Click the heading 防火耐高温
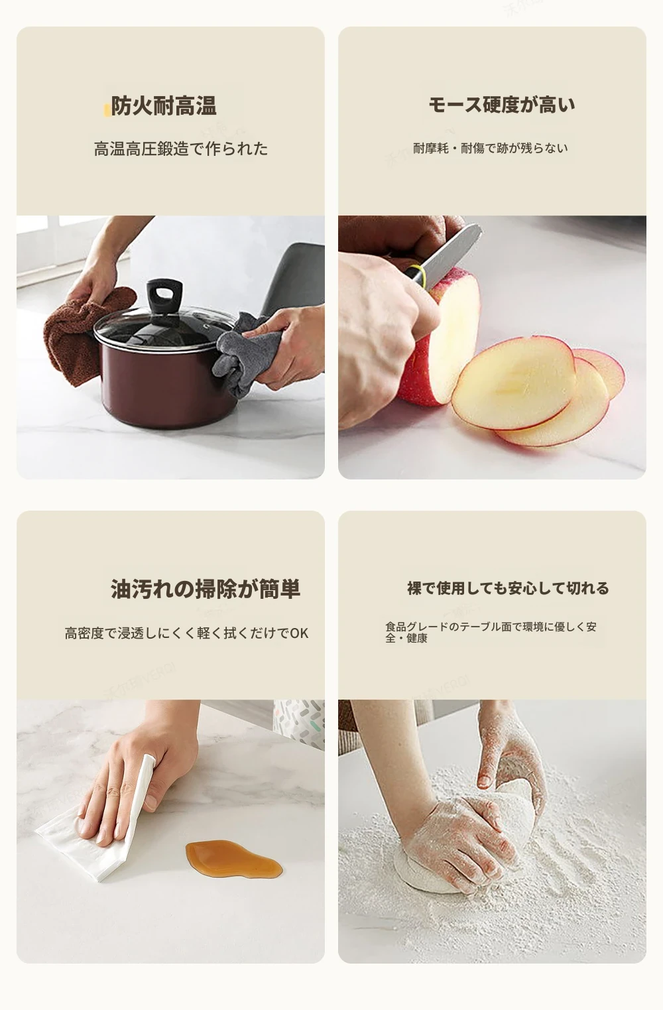click(164, 106)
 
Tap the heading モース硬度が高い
click(502, 105)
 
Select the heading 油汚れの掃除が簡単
click(206, 589)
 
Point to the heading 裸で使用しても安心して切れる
click(508, 588)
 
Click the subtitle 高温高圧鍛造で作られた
click(181, 149)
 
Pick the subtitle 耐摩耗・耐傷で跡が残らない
click(491, 149)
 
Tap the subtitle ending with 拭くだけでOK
click(186, 633)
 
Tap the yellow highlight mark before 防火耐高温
click(107, 110)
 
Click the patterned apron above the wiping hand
click(299, 722)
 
